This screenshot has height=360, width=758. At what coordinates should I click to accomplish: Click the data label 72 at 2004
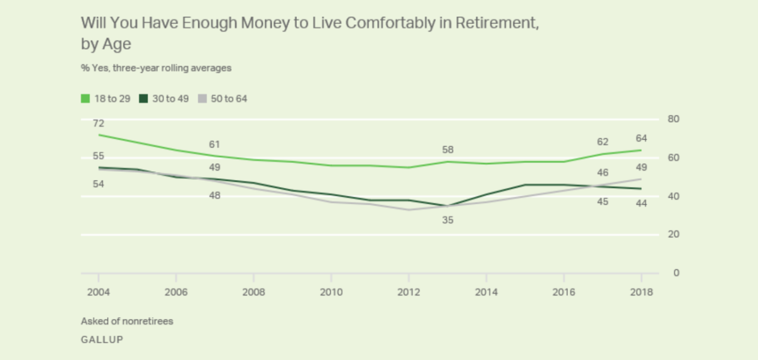(99, 123)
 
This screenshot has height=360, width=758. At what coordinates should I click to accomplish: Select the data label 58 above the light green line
(448, 150)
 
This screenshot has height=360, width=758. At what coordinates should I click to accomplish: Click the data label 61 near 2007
(215, 145)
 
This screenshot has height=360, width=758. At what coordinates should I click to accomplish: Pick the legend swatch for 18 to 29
(85, 99)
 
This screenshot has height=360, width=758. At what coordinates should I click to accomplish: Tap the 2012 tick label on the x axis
(409, 292)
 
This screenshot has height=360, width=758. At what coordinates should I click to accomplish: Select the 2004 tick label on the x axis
(99, 292)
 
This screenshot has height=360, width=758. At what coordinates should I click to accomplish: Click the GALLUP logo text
(102, 339)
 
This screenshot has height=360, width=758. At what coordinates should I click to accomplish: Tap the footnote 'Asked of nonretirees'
(127, 321)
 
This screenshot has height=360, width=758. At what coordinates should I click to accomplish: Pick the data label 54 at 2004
(99, 184)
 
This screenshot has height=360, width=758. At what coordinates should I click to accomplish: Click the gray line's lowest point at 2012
(409, 210)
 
